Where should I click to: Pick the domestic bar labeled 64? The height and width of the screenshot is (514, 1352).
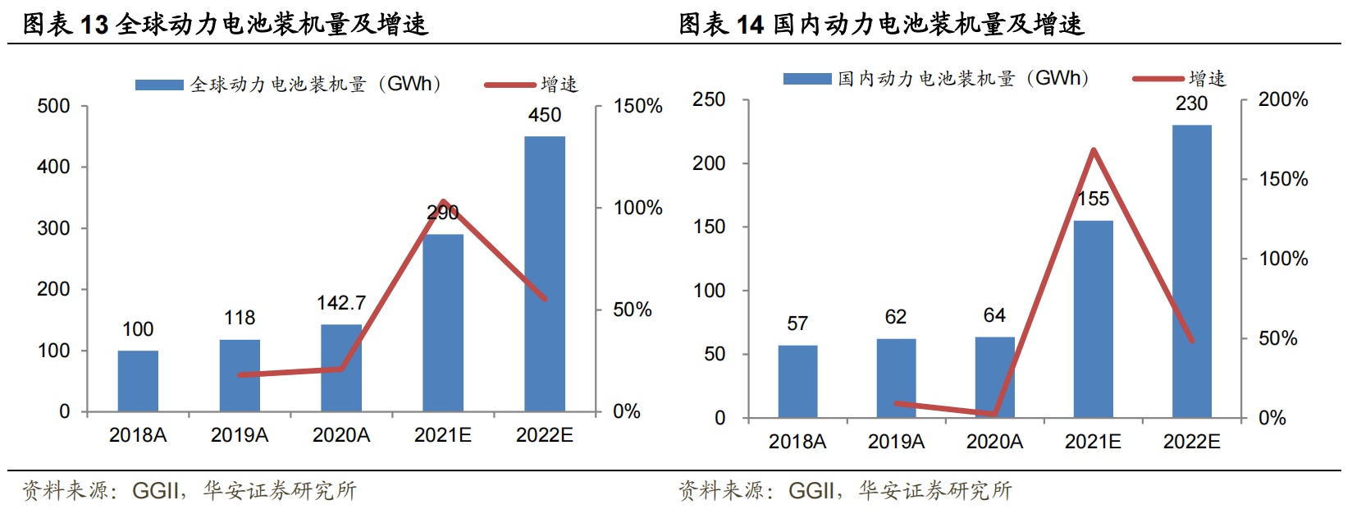tap(994, 377)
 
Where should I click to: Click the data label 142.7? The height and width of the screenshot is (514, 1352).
tap(341, 303)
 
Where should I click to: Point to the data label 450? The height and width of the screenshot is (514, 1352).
tap(545, 115)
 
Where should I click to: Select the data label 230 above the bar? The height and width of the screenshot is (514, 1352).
tap(1191, 103)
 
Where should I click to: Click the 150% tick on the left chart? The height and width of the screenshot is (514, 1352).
tap(637, 106)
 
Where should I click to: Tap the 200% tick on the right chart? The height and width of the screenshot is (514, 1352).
tap(1283, 99)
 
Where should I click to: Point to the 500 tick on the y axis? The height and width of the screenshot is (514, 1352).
tap(54, 106)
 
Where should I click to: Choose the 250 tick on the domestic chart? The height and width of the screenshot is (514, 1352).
tap(709, 99)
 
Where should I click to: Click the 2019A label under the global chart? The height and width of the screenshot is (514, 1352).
tap(240, 435)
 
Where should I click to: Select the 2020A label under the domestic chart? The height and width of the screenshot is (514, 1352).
tap(994, 442)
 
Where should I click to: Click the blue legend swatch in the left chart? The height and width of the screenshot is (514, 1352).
tap(159, 85)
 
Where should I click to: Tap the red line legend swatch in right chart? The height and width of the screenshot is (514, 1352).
tap(1158, 79)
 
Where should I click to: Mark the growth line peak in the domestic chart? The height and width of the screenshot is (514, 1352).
tap(1093, 149)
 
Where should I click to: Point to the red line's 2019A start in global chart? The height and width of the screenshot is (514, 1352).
tap(240, 375)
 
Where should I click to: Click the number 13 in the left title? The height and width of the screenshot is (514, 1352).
tap(94, 25)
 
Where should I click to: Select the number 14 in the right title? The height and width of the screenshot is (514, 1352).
tap(750, 25)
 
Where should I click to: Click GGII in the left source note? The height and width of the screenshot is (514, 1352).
tap(156, 491)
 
